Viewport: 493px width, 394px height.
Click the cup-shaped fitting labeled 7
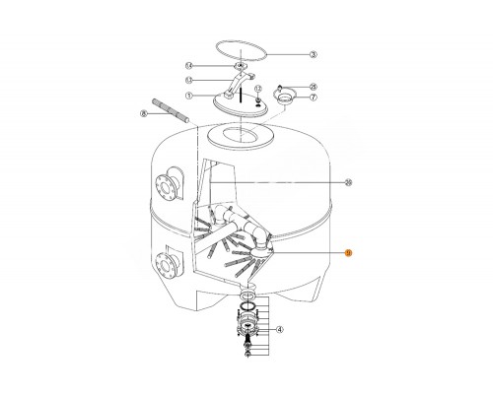(x=286, y=98)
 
